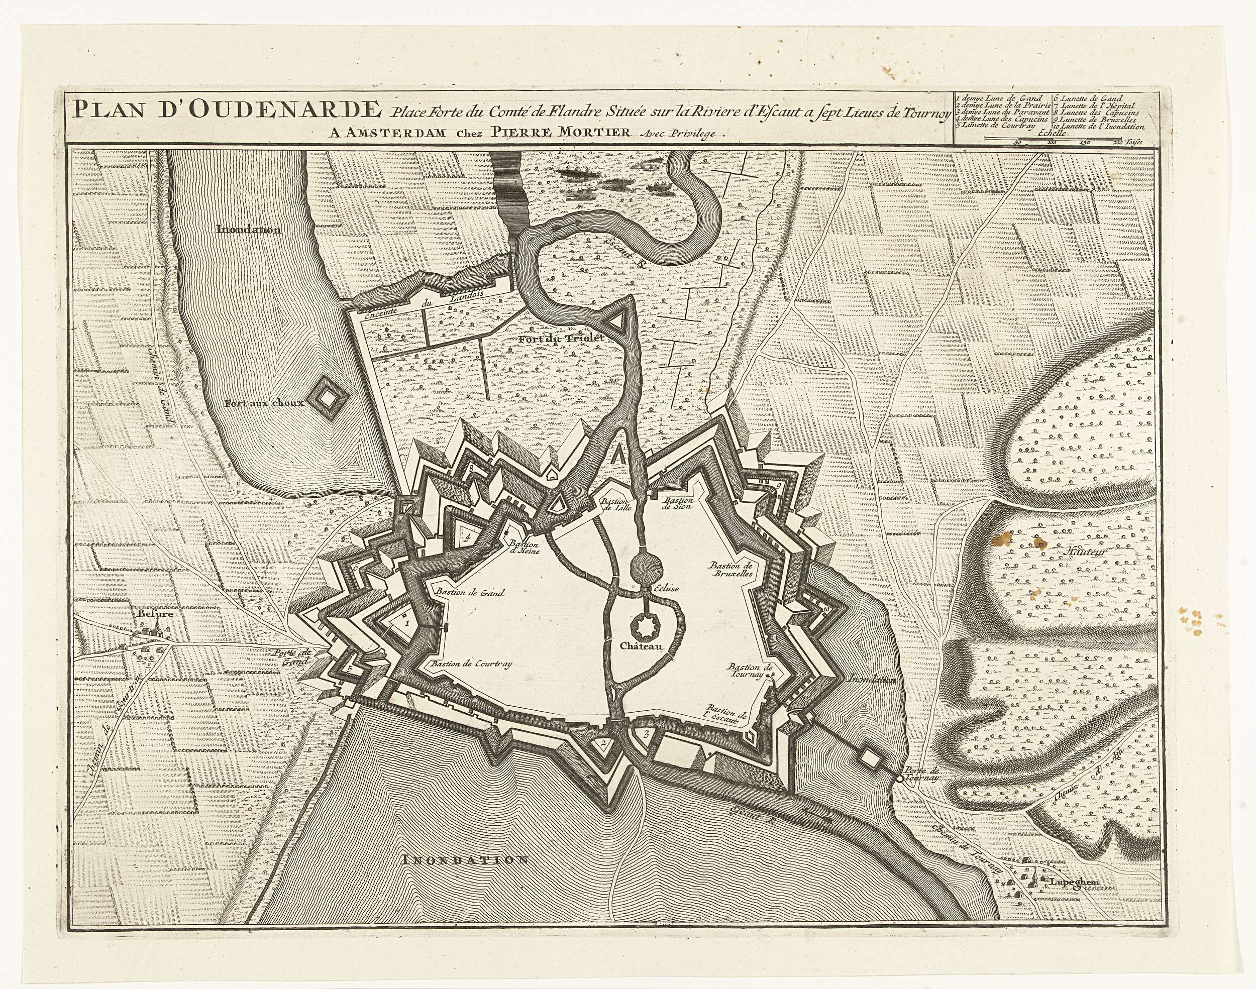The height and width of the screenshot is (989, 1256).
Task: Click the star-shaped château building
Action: [642, 624]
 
